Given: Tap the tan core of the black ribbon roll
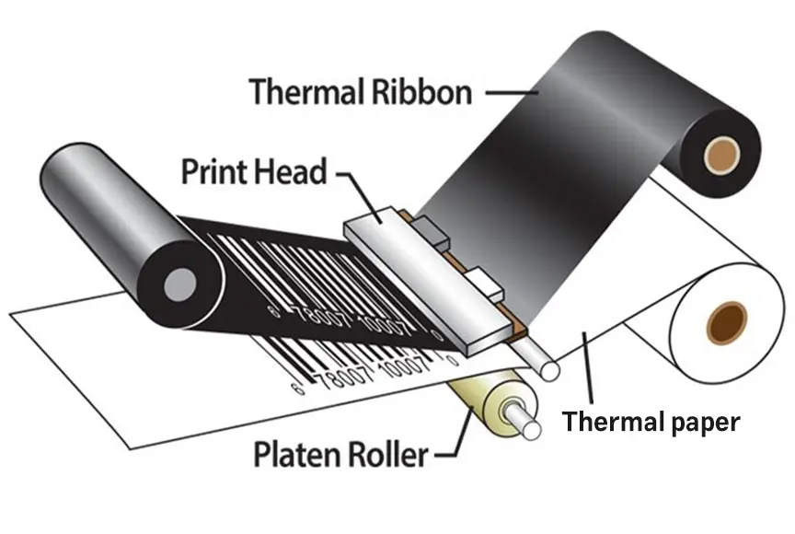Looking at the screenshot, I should pos(720,149).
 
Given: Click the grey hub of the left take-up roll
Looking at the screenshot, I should pos(173,284).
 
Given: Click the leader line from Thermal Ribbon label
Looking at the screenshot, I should pos(511,92).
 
